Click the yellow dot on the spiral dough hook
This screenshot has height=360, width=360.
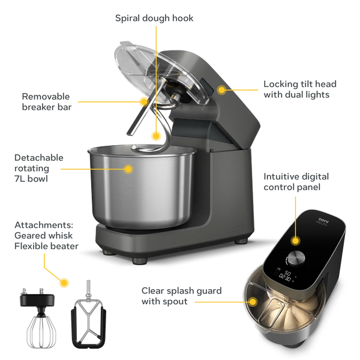pyautogui.click(x=157, y=136)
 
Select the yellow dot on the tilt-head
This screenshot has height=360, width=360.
pyautogui.click(x=222, y=89)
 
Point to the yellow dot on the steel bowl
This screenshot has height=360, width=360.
pyautogui.click(x=128, y=169)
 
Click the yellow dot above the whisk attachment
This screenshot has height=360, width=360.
pyautogui.click(x=64, y=281)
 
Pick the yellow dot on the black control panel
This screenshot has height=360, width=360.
pyautogui.click(x=295, y=239)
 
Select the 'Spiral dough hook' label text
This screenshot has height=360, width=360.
pyautogui.click(x=154, y=18)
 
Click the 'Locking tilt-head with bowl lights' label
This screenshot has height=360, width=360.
pyautogui.click(x=300, y=89)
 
